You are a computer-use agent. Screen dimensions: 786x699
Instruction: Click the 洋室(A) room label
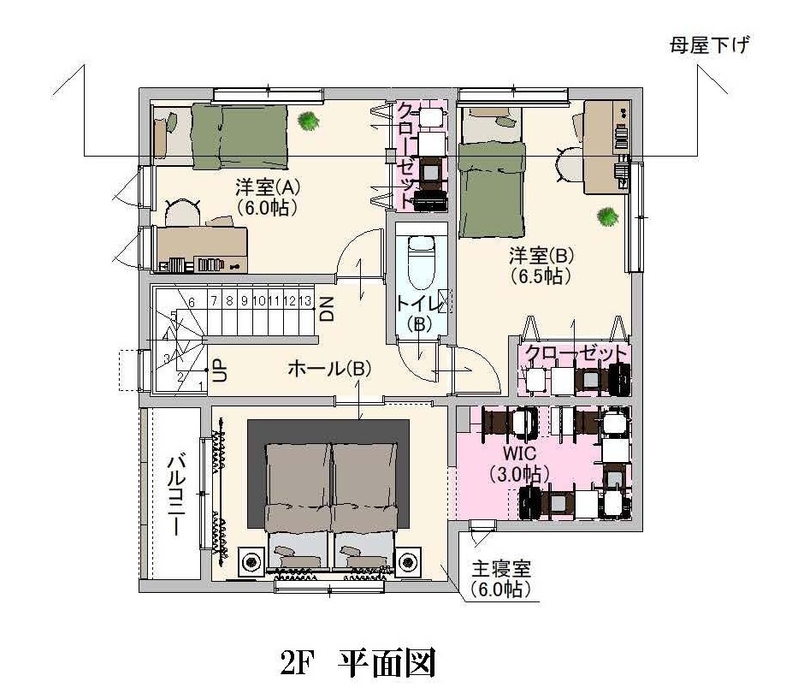coord(268,187)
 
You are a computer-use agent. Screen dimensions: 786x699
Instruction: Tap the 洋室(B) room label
coord(541,256)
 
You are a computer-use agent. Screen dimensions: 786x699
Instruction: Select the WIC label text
coord(519,453)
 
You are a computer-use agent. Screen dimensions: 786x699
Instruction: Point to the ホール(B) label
coord(329,369)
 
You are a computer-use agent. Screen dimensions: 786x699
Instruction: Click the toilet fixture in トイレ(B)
coord(421,260)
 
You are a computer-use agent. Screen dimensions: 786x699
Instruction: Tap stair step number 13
coord(304,301)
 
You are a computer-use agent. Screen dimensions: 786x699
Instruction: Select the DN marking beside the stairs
coord(327,309)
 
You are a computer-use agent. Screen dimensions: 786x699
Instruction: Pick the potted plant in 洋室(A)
coord(308,121)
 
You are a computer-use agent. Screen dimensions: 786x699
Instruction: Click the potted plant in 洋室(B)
coord(607,217)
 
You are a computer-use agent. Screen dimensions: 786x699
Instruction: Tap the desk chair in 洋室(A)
coord(182,212)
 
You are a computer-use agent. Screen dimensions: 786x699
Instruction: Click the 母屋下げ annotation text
coord(709,45)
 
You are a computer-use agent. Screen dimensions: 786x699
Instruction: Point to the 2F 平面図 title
coord(358,663)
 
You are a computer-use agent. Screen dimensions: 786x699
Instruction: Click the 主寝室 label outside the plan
coord(501,569)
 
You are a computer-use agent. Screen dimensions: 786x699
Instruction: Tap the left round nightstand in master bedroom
coord(251,562)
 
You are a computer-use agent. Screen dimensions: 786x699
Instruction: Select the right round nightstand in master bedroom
coord(409,562)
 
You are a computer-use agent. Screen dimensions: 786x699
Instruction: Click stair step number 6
coord(192,302)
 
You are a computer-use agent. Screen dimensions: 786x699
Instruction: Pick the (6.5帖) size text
coord(541,276)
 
